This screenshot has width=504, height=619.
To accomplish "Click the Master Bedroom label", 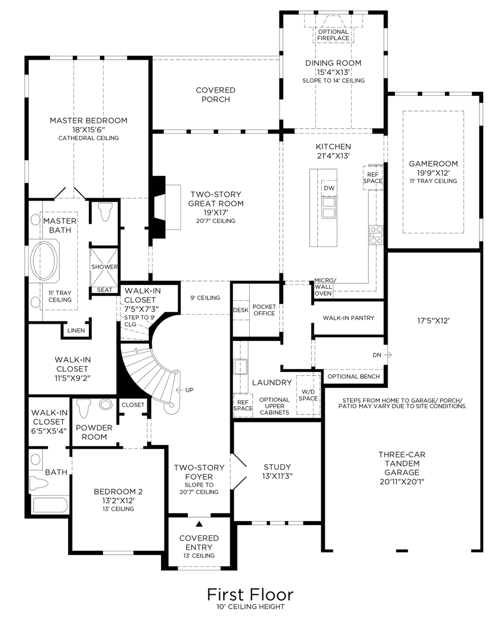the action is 88,120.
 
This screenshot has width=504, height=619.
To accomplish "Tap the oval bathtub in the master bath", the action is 45,261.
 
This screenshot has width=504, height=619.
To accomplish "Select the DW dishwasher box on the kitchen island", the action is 329,188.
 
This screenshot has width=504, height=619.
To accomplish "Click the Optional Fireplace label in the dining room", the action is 333,35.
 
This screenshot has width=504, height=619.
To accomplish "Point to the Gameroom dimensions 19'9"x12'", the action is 433,173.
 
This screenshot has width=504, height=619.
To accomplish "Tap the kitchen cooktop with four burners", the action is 376,235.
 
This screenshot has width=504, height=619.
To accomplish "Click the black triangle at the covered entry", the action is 199,524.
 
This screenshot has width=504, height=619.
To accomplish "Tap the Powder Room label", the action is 94,432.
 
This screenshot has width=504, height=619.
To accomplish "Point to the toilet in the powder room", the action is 85,408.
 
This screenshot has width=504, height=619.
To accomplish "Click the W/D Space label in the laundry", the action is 308,395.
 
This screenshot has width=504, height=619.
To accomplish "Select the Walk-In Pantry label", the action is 349,318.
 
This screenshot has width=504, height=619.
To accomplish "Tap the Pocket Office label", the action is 264,310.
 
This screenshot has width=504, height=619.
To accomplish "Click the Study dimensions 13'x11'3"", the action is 277,476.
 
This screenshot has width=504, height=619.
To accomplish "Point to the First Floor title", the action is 250,594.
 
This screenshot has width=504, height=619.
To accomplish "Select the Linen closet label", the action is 76,331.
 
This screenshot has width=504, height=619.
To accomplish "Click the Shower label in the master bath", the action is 104,267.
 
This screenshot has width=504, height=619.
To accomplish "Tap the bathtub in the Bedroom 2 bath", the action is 49,505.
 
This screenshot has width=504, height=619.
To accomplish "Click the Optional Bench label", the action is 354,377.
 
